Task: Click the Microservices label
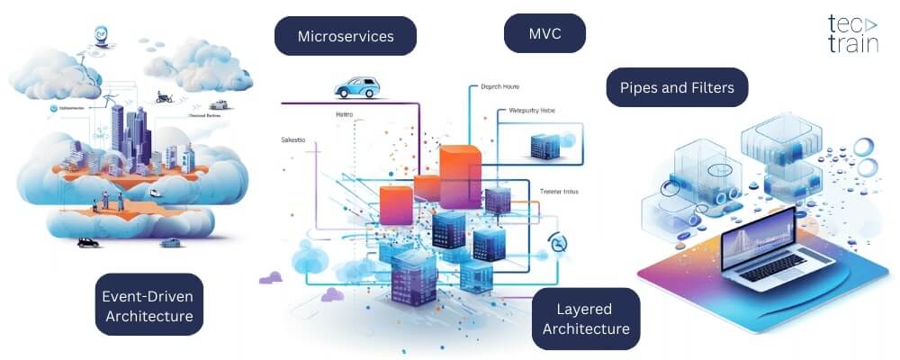333,37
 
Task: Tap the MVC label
544,34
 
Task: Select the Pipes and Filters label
677,87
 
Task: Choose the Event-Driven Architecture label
148,305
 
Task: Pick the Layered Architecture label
586,319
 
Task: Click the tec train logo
851,34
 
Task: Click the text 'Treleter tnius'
564,190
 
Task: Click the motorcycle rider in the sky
164,96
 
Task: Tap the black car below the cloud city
87,241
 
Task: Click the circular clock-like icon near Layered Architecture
559,244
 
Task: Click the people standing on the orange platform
112,199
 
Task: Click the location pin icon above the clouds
100,36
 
